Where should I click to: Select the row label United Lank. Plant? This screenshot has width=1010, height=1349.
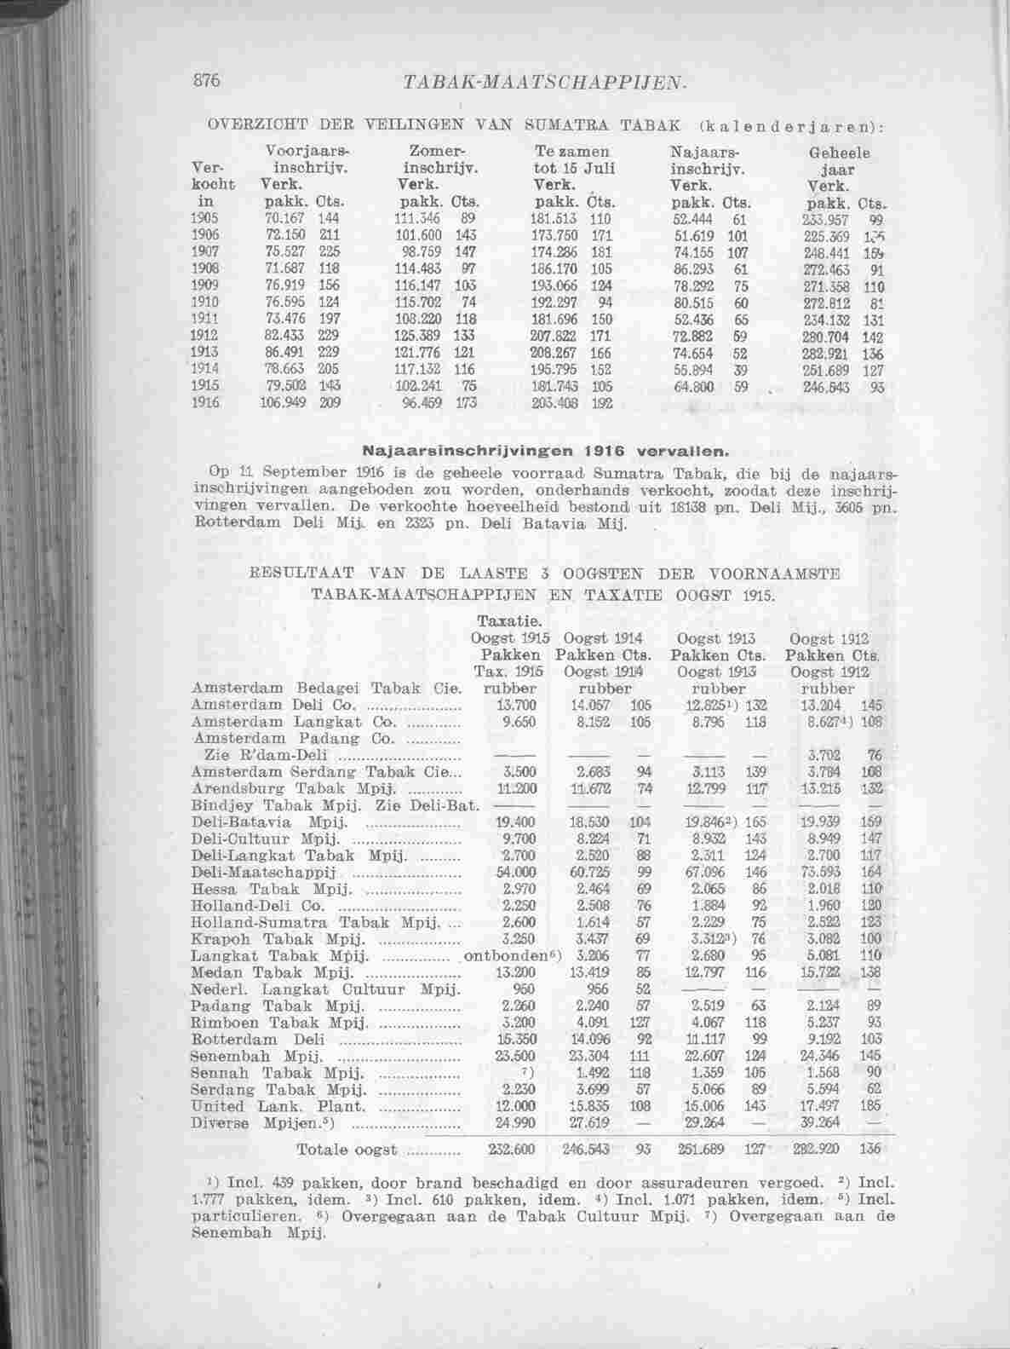point(279,1106)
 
